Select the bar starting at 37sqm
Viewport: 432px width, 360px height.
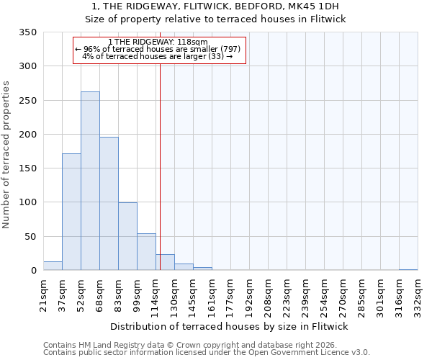click(x=71, y=212)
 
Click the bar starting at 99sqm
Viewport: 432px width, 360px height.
click(x=146, y=252)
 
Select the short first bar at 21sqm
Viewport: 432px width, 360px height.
click(x=53, y=266)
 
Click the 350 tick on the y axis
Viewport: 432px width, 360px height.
click(x=27, y=32)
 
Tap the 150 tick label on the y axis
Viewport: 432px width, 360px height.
click(x=27, y=168)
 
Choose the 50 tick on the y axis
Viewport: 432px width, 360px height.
click(x=30, y=237)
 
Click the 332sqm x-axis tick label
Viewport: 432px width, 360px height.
click(x=418, y=295)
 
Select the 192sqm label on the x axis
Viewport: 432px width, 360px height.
click(x=249, y=295)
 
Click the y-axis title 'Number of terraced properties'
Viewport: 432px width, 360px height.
click(x=6, y=155)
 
